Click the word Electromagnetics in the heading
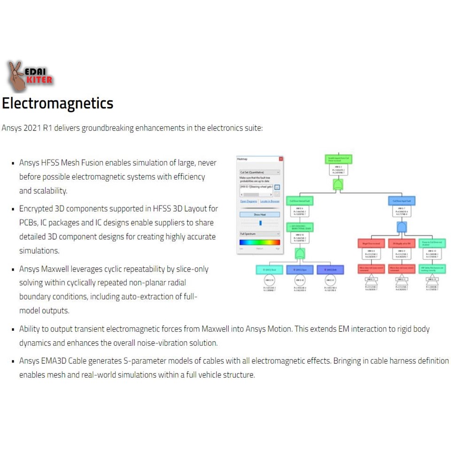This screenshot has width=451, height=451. point(57,103)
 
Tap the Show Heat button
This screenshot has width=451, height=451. point(260,214)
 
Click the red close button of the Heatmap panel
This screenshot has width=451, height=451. point(281,159)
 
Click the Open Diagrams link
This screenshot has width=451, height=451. point(249,201)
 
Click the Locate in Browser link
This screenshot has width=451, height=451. point(270,201)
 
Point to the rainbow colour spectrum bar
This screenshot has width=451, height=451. point(260,242)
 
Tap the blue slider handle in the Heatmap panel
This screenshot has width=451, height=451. point(261,223)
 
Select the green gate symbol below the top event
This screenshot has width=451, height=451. point(338,185)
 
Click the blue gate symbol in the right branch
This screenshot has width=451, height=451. point(402,227)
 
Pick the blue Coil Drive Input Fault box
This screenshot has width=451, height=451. point(402,202)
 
